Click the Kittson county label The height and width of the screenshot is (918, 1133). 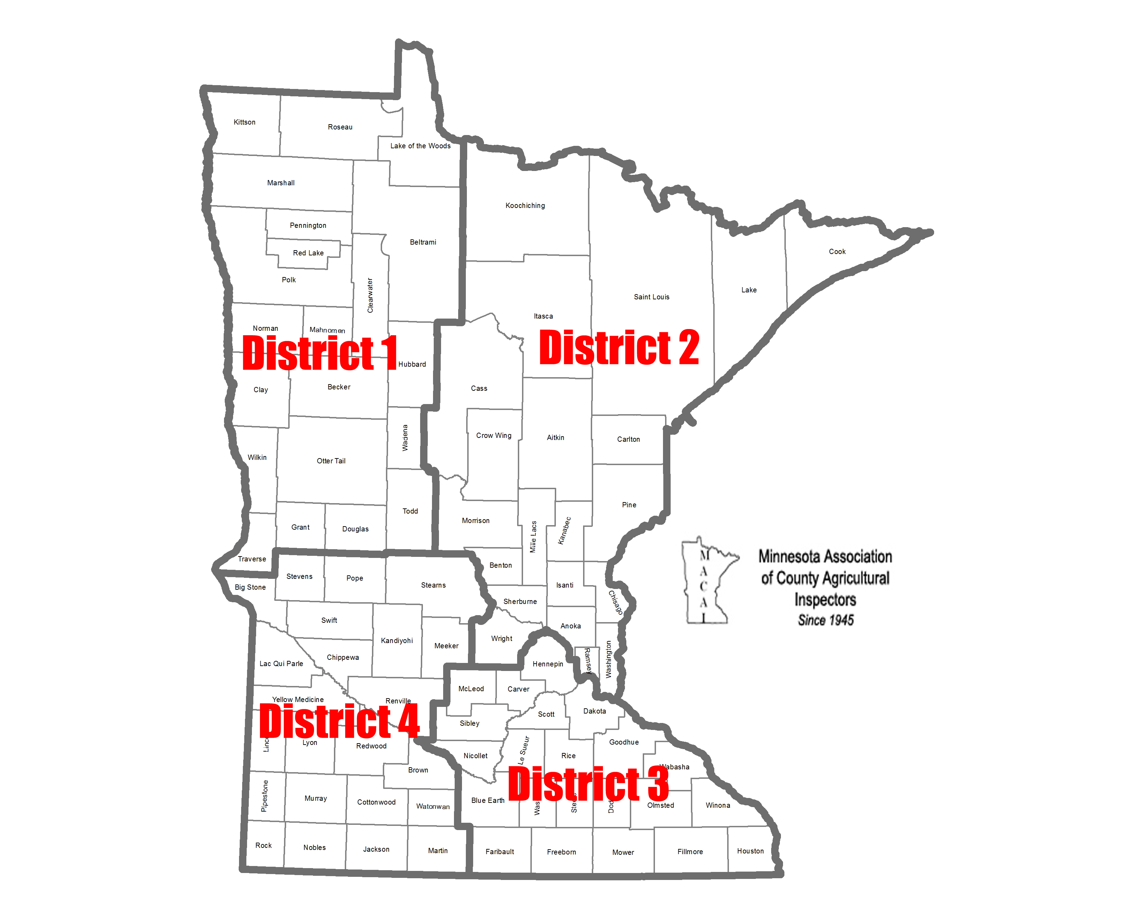point(244,122)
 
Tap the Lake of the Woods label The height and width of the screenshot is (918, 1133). point(420,146)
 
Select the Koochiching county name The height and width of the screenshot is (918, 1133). point(525,206)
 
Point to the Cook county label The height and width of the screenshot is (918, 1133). point(837,252)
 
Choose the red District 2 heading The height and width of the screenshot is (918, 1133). point(619,348)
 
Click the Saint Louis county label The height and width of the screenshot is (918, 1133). point(651,297)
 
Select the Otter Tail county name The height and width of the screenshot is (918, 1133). point(331,461)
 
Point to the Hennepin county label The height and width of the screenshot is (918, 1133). point(548,664)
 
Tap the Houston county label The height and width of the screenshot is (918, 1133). point(750,851)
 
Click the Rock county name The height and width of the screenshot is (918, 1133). point(263,845)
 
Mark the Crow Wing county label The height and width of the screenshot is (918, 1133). point(494,436)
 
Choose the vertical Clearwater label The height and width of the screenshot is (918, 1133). point(370,295)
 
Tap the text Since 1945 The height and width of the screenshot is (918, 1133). point(825,620)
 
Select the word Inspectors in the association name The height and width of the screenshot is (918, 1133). point(825,600)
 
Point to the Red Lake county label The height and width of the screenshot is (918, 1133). point(308,253)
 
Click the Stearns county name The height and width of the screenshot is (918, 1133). point(433,585)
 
